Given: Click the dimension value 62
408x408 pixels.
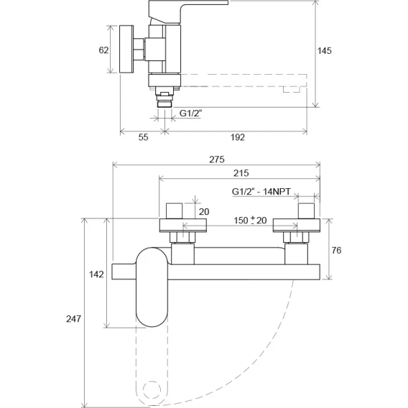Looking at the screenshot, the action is coord(103,50).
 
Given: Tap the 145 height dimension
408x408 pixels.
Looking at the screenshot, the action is coord(325,51).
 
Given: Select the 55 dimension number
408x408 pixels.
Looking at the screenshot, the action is coord(143,137).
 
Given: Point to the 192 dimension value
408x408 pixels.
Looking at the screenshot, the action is coord(238,137).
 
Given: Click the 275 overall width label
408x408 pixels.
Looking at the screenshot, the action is coord(217,159).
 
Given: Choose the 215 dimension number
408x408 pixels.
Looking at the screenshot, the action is coord(241,173).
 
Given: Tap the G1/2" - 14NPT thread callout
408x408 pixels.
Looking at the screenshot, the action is coord(261,192).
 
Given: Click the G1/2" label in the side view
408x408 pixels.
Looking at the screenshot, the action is coord(191,113).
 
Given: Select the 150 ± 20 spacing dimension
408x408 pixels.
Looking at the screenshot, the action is coord(250,221).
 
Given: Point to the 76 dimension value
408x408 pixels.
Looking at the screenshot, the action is coord(336,250).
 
